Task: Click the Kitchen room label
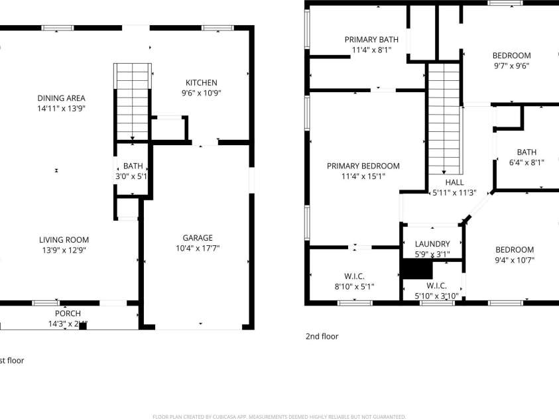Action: coord(200,83)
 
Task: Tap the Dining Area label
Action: coord(61,98)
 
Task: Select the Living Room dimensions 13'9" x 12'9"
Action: coord(63,251)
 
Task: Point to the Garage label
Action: coord(198,238)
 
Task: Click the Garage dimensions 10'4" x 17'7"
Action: coord(198,249)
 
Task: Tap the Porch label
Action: coord(68,314)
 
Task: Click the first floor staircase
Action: coord(133,100)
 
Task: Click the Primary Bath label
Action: coord(371,40)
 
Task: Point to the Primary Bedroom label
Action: coord(363,166)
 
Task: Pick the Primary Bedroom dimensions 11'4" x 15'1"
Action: coord(363,177)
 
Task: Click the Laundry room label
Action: coord(432,244)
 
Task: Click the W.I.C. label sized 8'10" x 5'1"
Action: coord(354,276)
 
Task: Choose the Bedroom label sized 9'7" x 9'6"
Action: coord(511,56)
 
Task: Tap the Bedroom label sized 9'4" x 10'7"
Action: coord(514,250)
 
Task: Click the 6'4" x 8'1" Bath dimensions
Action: coord(526,162)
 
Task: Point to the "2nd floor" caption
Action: coord(322,336)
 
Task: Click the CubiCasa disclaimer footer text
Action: coord(279,416)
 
